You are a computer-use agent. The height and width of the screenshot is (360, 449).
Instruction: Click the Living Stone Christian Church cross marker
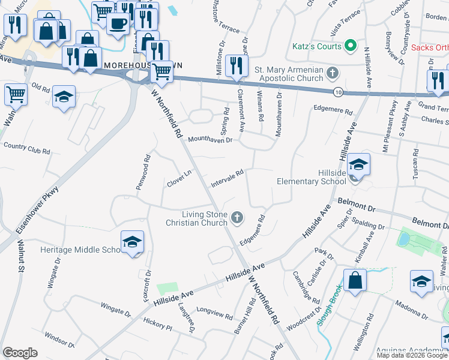tap(238, 217)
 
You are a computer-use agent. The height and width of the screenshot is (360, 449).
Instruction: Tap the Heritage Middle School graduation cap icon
tap(132, 242)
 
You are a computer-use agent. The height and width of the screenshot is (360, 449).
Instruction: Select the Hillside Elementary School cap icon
tap(358, 164)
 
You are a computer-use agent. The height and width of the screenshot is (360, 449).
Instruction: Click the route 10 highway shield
tap(339, 91)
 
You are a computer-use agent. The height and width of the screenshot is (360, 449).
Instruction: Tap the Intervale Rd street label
tap(227, 178)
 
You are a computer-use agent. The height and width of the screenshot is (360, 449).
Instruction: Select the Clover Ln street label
tap(179, 179)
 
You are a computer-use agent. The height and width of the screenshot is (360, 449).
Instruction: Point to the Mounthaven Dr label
tap(210, 140)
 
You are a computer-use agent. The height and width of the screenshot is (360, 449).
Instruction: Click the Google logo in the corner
tap(20, 353)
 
